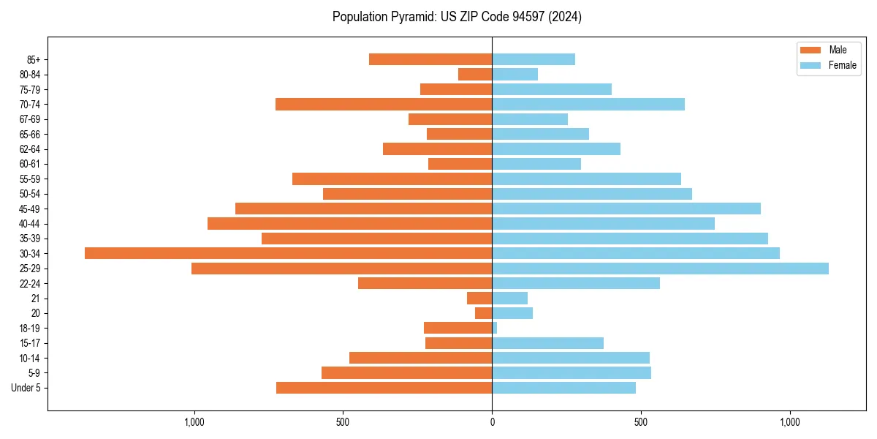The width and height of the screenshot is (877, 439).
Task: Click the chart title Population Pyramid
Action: point(457,17)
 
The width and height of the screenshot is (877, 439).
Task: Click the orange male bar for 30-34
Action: point(288,253)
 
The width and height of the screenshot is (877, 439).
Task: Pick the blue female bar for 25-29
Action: point(660,269)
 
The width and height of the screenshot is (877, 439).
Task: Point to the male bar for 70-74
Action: point(384,104)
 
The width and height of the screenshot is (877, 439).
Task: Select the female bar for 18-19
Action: point(495,328)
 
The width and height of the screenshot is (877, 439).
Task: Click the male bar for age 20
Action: point(484,313)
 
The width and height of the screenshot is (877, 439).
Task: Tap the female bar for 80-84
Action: point(515,74)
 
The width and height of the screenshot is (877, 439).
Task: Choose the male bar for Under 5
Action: point(384,388)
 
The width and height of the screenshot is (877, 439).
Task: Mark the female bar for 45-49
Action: point(626,209)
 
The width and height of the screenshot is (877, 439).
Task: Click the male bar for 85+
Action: point(430,59)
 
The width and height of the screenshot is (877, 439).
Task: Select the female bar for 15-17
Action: point(547,343)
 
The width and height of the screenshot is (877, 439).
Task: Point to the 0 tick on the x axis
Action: point(492,422)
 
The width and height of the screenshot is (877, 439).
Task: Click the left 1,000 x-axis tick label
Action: point(194,422)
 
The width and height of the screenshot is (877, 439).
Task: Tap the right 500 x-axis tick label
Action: point(641,422)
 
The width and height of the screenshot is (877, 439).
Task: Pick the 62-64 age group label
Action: point(29,149)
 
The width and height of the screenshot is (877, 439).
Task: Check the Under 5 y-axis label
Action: point(26,388)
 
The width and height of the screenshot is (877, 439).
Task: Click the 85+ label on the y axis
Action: point(33,59)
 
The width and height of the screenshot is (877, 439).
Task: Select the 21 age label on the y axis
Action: point(36,299)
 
